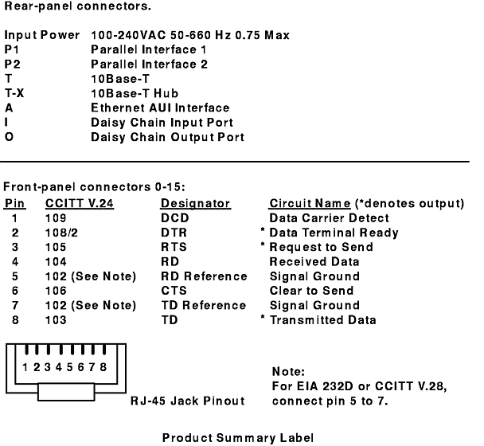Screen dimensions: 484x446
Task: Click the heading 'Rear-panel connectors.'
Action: [77, 6]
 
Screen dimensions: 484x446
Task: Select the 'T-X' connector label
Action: [14, 93]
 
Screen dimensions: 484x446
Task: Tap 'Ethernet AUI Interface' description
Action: [160, 108]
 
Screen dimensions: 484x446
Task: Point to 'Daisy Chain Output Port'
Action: [168, 137]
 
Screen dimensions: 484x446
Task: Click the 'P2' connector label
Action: [13, 64]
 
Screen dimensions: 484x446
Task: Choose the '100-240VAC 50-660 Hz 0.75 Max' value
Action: [190, 35]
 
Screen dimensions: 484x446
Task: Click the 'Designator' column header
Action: [196, 204]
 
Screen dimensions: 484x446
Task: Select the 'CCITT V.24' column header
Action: [80, 204]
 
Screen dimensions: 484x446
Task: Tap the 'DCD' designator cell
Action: [174, 218]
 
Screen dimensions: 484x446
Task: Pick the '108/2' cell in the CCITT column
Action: [61, 233]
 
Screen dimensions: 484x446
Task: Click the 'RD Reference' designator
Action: [204, 276]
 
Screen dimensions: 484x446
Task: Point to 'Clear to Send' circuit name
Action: [311, 291]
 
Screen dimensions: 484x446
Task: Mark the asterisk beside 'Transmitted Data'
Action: [263, 317]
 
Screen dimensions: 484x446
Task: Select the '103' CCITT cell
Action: [56, 319]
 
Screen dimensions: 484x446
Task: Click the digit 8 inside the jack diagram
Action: [103, 367]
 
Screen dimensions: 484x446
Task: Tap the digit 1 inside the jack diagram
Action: [25, 367]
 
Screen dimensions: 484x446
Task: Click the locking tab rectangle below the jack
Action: [66, 392]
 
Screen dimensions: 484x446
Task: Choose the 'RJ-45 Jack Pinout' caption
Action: [188, 401]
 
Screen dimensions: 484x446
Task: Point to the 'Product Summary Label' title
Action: [238, 438]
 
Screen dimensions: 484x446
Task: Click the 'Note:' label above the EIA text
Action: [288, 371]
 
